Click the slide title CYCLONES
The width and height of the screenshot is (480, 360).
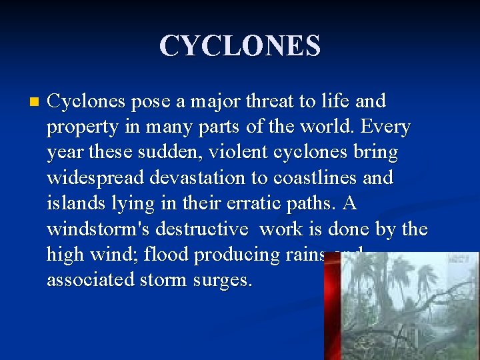coord(240,46)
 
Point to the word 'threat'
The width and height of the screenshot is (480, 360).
coord(272,102)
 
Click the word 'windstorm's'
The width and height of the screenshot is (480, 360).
coord(99,229)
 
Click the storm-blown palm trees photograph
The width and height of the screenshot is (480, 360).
coord(409,306)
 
